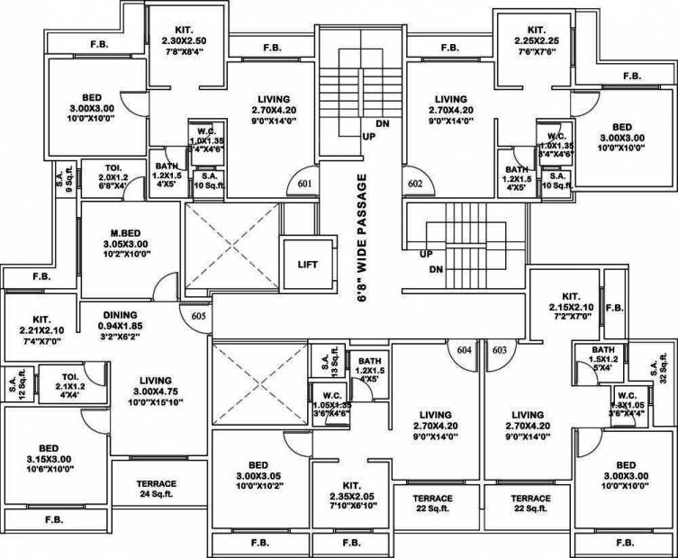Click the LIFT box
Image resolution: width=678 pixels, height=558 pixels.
pyautogui.click(x=305, y=265)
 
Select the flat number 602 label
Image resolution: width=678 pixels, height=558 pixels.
pyautogui.click(x=414, y=184)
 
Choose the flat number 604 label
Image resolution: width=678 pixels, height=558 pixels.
pyautogui.click(x=465, y=351)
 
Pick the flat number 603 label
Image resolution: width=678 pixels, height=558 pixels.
pyautogui.click(x=500, y=351)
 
